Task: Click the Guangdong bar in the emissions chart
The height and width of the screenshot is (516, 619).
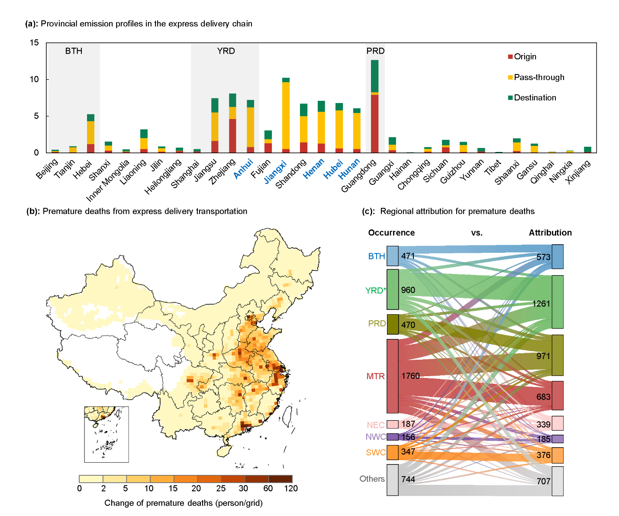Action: tap(375, 106)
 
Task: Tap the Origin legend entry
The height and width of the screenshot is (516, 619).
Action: tap(525, 57)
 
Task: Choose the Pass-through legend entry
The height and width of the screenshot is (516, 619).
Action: tap(539, 77)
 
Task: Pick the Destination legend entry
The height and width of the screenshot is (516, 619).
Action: tap(535, 98)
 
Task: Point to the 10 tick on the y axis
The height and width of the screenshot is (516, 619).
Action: tap(34, 79)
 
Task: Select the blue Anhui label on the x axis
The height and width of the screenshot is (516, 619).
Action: tap(243, 169)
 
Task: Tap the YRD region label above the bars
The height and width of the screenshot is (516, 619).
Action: tap(226, 51)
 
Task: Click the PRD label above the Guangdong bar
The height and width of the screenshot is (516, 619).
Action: tap(375, 51)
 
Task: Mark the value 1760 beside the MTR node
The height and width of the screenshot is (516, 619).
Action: tap(410, 376)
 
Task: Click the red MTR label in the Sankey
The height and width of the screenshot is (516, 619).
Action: tap(375, 376)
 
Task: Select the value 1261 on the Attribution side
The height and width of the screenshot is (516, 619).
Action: tap(541, 303)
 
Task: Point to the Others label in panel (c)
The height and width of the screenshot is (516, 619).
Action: tap(372, 479)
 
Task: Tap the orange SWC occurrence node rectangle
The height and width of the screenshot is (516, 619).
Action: tap(393, 452)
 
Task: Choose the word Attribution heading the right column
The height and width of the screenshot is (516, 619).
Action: tap(550, 233)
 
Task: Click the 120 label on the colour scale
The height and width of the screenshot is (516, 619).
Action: tap(291, 489)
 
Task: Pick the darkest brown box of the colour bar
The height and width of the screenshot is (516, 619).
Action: tap(280, 479)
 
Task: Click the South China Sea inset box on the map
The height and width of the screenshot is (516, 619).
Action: tap(106, 434)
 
